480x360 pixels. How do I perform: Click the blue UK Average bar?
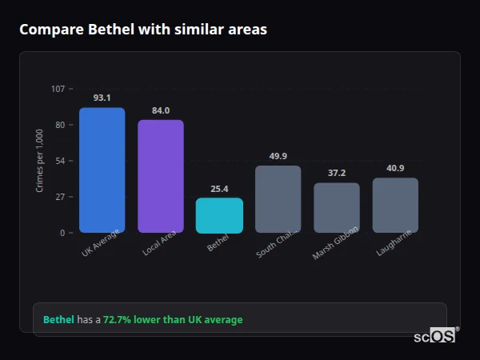pyautogui.click(x=102, y=170)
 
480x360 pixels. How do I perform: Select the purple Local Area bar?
pyautogui.click(x=161, y=177)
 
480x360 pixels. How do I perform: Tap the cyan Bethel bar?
pyautogui.click(x=219, y=216)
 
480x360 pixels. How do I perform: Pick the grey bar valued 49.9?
pyautogui.click(x=278, y=199)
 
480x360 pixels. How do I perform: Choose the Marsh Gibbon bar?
pyautogui.click(x=337, y=208)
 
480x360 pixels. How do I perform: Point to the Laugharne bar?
pyautogui.click(x=395, y=206)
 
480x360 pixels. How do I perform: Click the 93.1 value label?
pyautogui.click(x=102, y=98)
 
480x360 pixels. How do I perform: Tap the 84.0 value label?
pyautogui.click(x=161, y=110)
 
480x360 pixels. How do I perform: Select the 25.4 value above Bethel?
pyautogui.click(x=219, y=189)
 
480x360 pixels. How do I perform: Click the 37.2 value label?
pyautogui.click(x=337, y=173)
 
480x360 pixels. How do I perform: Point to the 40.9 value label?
pyautogui.click(x=395, y=168)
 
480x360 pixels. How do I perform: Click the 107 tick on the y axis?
pyautogui.click(x=58, y=89)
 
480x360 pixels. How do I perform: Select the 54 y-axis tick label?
pyautogui.click(x=60, y=161)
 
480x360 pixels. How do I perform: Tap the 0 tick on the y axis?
pyautogui.click(x=62, y=233)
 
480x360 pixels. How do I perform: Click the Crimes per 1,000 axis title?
pyautogui.click(x=40, y=161)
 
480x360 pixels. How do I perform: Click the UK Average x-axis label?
pyautogui.click(x=101, y=243)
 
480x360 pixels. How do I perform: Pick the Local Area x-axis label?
pyautogui.click(x=160, y=243)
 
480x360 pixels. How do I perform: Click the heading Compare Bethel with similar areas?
pyautogui.click(x=143, y=30)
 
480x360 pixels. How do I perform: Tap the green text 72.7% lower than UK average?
pyautogui.click(x=173, y=320)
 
